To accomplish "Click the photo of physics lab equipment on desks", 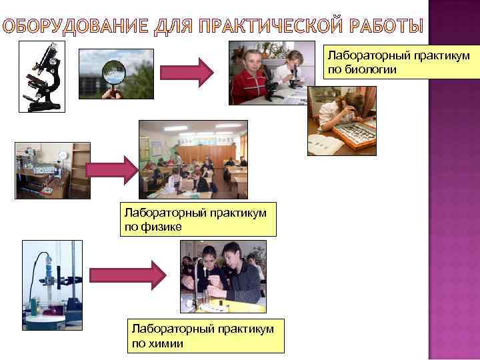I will click(43, 171).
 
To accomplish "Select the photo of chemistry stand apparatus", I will click(52, 285).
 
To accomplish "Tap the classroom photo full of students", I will click(193, 160).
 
